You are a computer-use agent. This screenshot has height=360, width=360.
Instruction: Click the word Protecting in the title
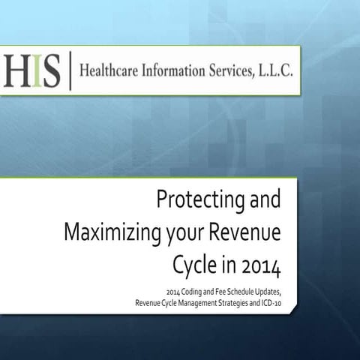tap(189, 201)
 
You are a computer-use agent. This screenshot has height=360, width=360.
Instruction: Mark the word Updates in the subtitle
tap(265, 291)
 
